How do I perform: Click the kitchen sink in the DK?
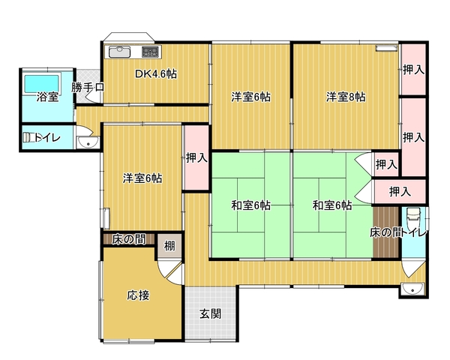point(119,52)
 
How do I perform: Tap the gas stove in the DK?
point(151,52)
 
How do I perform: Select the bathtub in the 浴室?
point(41,83)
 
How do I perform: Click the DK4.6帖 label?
point(156,74)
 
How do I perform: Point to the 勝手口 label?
point(88,87)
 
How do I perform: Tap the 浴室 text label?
point(47,97)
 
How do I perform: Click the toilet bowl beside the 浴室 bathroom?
point(28,137)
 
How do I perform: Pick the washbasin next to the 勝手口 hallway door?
point(88,142)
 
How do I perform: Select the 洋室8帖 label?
point(346,97)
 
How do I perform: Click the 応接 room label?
point(138,295)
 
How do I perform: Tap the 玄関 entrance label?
point(210,313)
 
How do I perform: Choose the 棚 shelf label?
point(169,246)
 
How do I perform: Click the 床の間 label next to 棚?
point(129,239)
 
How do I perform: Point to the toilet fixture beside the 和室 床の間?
point(413,217)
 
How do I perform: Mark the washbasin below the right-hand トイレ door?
point(412,289)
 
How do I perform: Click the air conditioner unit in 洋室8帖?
point(387,48)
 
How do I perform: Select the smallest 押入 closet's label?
point(386,164)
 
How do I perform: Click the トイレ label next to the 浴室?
point(47,138)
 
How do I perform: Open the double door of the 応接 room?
point(171,271)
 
